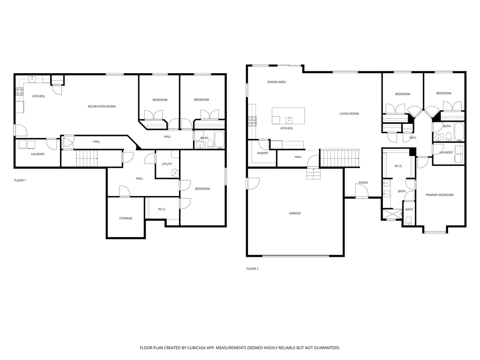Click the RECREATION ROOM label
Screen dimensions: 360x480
pos(102,106)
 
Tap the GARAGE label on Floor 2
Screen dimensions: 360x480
pos(295,213)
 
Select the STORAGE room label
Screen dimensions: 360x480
pos(125,218)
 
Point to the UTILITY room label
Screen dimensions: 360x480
pos(166,164)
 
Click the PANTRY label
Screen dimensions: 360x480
pos(262,153)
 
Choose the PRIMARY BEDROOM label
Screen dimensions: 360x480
pos(439,195)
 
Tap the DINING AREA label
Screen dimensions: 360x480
pos(277,82)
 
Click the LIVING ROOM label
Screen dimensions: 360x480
pos(349,113)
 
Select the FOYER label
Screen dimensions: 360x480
pos(363,182)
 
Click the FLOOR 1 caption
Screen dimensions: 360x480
pos(20,180)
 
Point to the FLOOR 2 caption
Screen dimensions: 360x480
pos(252,269)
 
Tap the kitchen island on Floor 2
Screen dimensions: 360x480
pos(288,116)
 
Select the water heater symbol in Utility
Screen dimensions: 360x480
pos(175,173)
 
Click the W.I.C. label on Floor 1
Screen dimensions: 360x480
pos(162,209)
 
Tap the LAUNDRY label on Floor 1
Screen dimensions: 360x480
pos(37,154)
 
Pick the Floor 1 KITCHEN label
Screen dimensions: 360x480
pos(38,97)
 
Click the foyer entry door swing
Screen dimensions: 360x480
pos(361,191)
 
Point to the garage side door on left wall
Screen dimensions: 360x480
pos(252,183)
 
